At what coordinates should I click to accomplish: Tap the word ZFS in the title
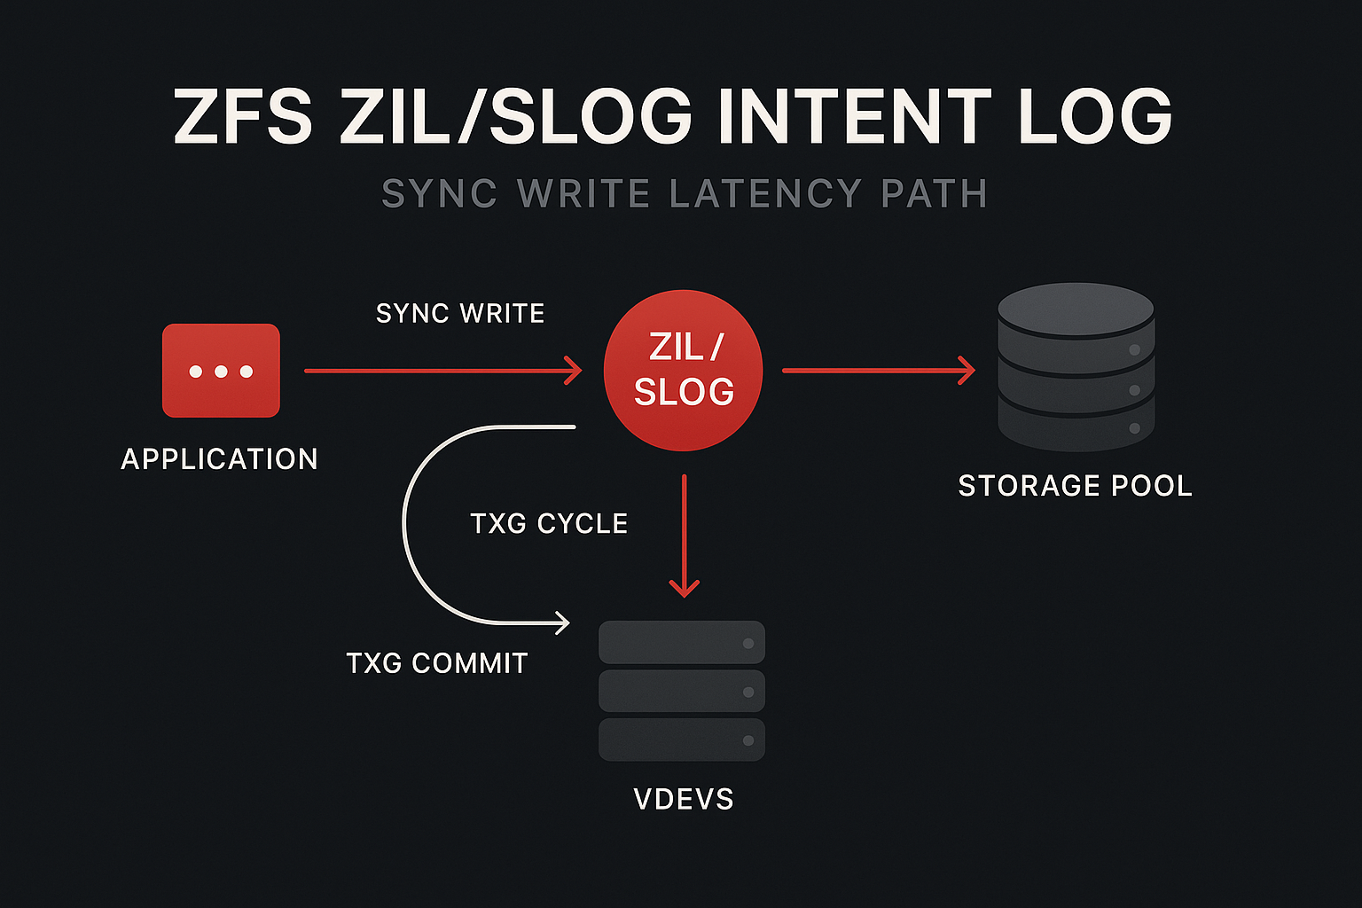tap(243, 116)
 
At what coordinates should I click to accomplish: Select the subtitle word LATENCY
tap(765, 193)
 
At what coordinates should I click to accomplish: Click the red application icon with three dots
tap(221, 370)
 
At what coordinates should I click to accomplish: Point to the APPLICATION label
tap(219, 458)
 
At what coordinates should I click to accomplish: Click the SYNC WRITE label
tap(460, 313)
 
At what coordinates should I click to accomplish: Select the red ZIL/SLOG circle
tap(683, 370)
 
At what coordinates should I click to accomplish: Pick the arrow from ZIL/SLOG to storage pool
tap(878, 371)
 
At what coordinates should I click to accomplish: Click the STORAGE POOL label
tap(1075, 486)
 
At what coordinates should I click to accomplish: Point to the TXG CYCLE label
tap(549, 523)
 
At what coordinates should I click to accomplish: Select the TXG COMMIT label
tap(437, 662)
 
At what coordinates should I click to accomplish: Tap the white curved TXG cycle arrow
tap(406, 523)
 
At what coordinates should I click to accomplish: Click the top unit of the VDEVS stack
tap(681, 643)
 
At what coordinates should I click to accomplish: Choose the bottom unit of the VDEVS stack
tap(681, 740)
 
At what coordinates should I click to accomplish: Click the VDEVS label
tap(684, 799)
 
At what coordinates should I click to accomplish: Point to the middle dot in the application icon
tap(221, 371)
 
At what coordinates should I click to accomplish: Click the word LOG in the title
tap(1095, 116)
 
